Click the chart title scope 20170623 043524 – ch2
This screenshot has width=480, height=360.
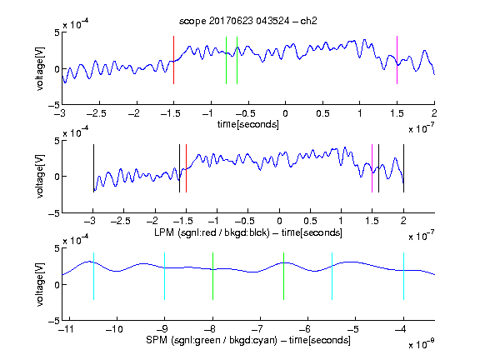pos(248,21)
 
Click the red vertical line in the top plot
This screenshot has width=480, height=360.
pos(173,60)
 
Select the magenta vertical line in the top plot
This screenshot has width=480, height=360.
pos(397,60)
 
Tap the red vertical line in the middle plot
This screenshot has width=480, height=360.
pos(186,168)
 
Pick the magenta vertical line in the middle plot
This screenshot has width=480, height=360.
pos(372,168)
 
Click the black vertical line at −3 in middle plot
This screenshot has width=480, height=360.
pos(93,168)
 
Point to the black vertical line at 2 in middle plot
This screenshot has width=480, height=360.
pos(403,168)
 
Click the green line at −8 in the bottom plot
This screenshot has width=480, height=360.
pos(212,276)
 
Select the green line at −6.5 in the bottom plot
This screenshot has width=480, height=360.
pos(284,276)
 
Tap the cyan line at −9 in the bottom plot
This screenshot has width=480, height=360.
pos(165,276)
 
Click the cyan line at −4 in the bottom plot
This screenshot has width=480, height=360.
pos(403,276)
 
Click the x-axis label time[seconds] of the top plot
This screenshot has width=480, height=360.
pos(248,124)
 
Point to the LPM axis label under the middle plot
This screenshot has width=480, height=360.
pos(248,232)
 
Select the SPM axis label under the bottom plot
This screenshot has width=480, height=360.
pos(248,340)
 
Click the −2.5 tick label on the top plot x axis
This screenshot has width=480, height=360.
pos(97,113)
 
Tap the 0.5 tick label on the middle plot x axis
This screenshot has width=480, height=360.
pos(310,222)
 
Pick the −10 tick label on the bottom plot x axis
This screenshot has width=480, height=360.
pos(114,329)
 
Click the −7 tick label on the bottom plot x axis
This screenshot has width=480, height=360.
pos(259,329)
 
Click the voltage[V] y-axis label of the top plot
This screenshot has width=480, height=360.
pos(40,68)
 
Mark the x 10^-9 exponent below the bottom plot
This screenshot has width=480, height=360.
pos(422,344)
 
